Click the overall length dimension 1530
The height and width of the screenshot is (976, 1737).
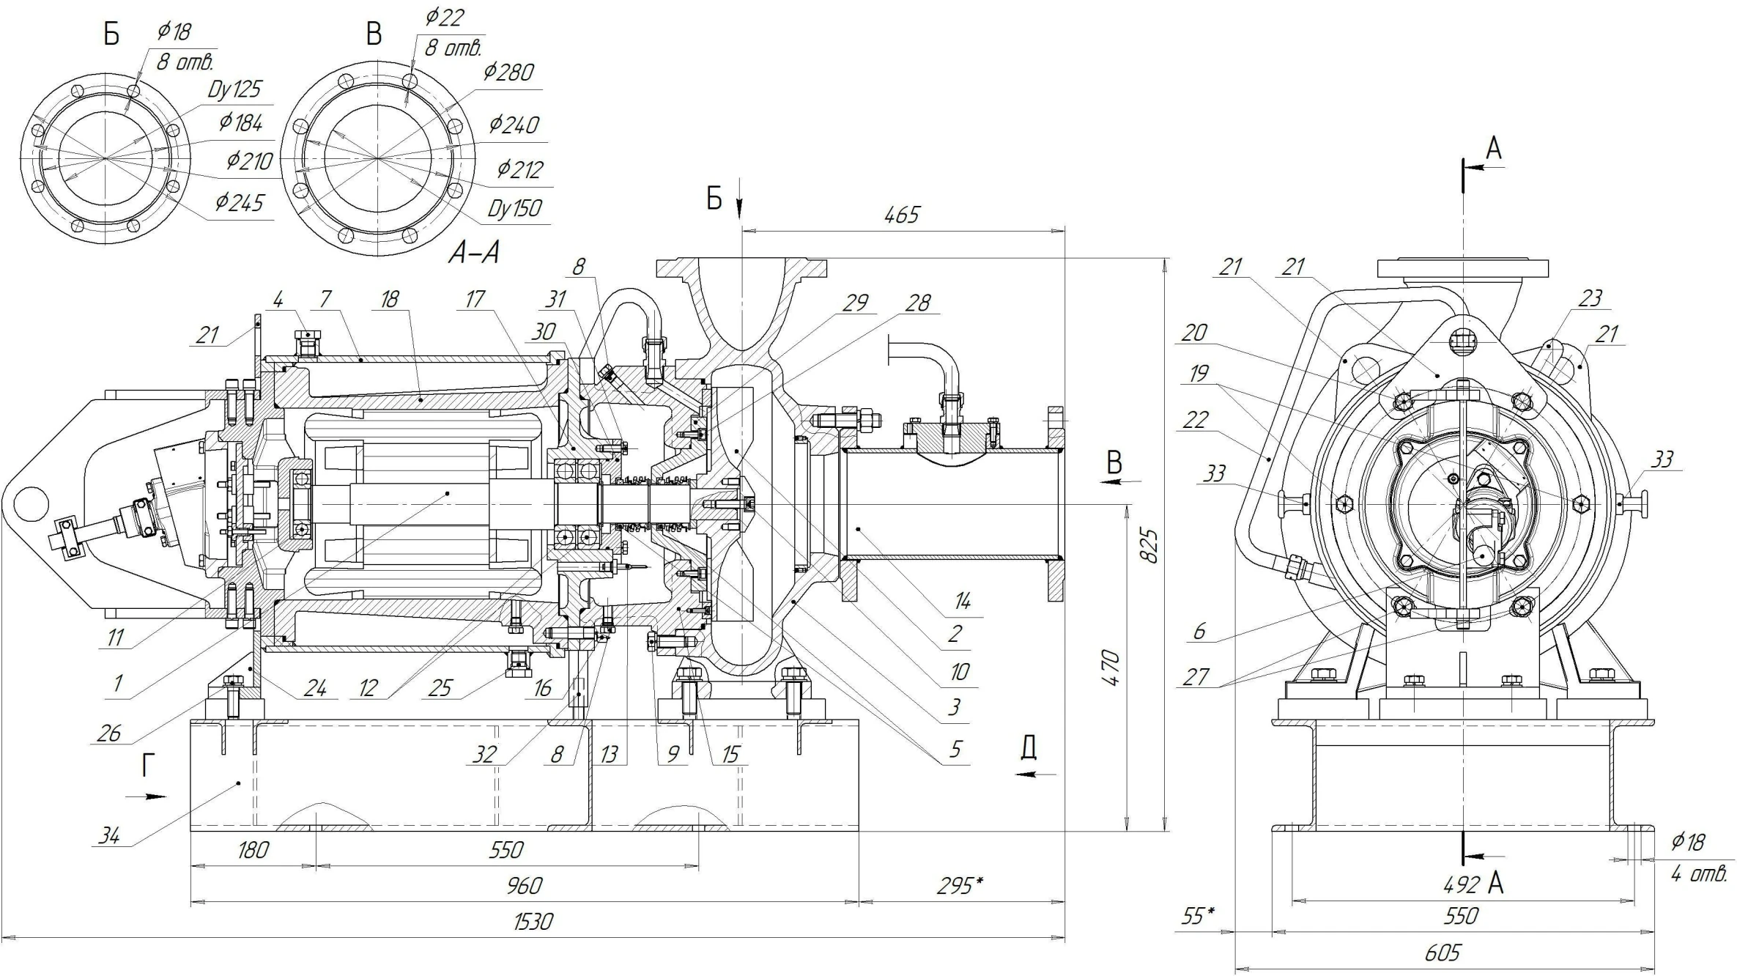point(533,921)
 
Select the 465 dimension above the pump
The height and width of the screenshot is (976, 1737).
point(901,215)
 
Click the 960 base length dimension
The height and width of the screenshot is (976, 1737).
point(524,885)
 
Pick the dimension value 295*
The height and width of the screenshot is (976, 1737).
point(960,885)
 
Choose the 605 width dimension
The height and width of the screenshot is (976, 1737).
point(1442,952)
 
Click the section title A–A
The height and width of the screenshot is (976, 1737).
point(474,253)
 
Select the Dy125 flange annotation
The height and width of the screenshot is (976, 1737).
point(234,89)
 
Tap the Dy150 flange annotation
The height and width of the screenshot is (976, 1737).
point(515,209)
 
